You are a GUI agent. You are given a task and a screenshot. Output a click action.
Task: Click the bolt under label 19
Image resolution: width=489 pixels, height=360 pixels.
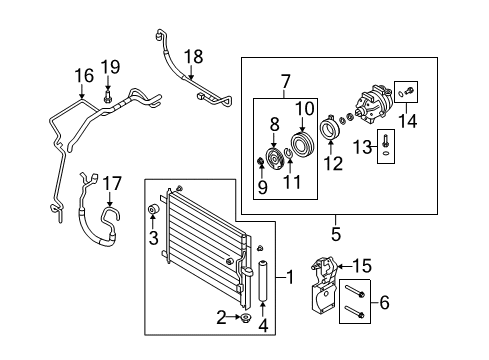tap(107, 98)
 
